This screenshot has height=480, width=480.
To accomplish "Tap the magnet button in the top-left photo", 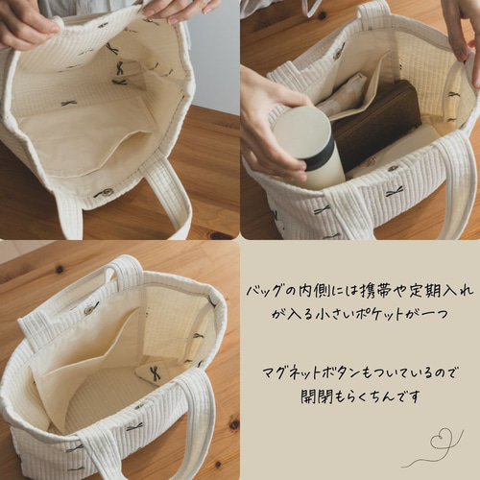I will coord(104,193).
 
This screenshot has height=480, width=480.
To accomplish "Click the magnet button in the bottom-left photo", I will coord(91,308).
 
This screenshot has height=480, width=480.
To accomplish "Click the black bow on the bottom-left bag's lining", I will coord(153,372).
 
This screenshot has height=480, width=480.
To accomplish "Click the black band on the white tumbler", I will coord(318,154).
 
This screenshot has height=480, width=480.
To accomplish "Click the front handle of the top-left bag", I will coord(173,197).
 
